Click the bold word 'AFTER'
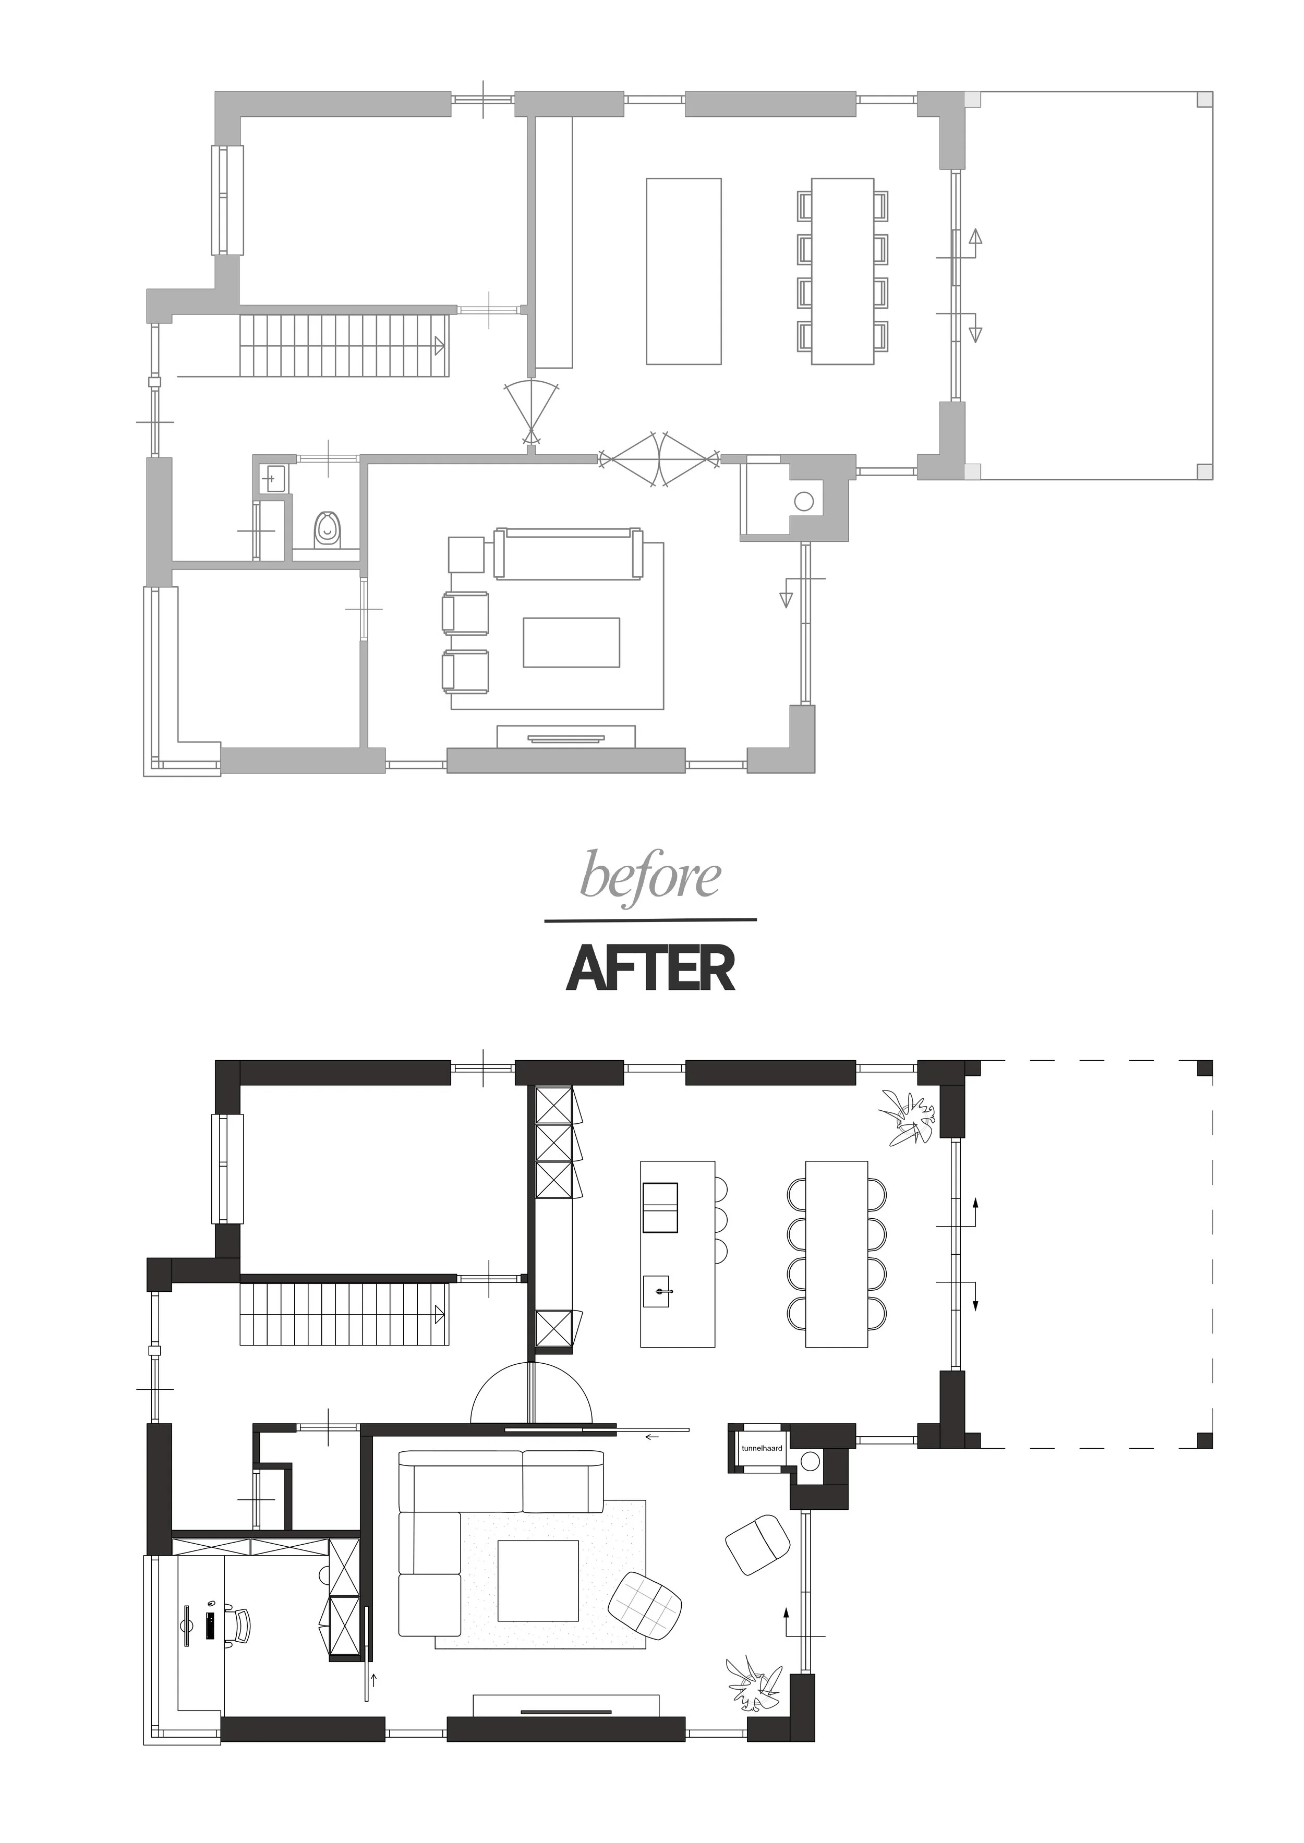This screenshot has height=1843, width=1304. (650, 969)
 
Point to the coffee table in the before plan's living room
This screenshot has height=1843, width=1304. (571, 642)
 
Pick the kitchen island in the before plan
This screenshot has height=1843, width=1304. (683, 271)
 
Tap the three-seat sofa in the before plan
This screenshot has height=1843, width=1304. (569, 554)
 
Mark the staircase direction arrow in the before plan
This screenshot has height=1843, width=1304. (439, 346)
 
